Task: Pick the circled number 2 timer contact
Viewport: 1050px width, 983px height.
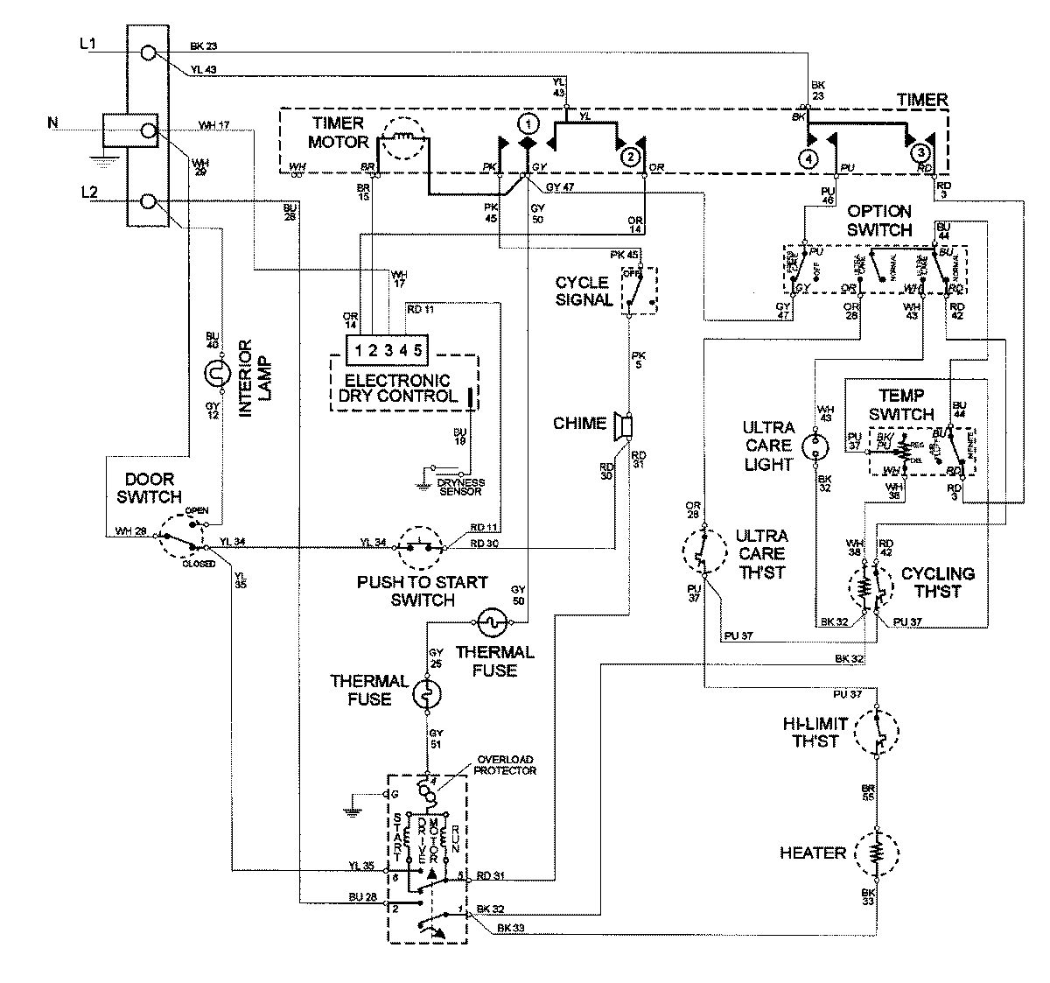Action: pyautogui.click(x=628, y=157)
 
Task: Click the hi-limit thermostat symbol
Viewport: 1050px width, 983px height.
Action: pyautogui.click(x=876, y=732)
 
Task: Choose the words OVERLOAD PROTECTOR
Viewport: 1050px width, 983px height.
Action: pyautogui.click(x=505, y=764)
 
